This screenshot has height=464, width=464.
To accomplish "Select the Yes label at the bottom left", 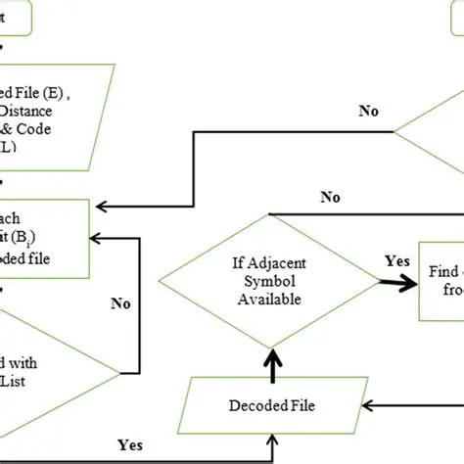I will pos(129,444).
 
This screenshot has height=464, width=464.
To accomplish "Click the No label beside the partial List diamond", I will pos(120,303).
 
